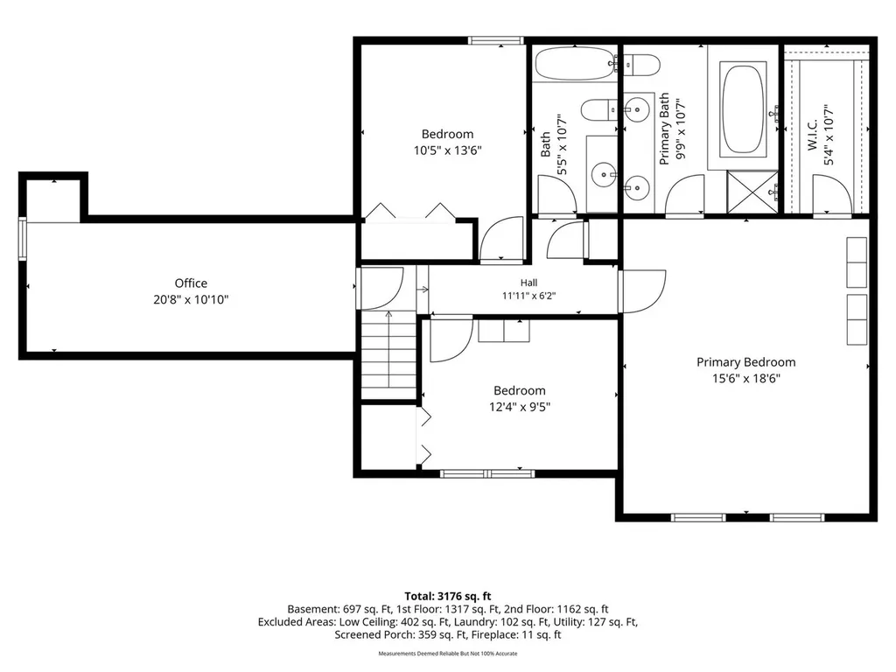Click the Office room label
pos(191,283)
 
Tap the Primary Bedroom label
pos(745,361)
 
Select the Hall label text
pos(528,283)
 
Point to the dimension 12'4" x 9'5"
pos(520,407)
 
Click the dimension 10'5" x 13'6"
pos(447,150)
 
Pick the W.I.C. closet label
pos(813,136)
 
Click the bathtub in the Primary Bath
pos(743,109)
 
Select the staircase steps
pos(388,355)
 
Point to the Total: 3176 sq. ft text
pos(448,597)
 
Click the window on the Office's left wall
pos(22,239)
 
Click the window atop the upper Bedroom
pos(495,40)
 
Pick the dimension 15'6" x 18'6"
pos(745,378)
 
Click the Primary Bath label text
pos(664,129)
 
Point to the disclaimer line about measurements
pos(448,653)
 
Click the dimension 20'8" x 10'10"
pos(191,299)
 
